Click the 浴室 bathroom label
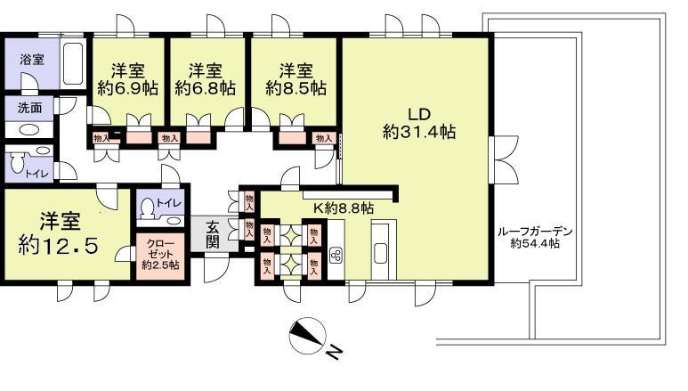[32, 61]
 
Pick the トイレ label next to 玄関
[168, 203]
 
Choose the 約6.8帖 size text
[205, 88]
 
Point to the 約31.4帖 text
[419, 132]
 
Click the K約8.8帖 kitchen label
[343, 208]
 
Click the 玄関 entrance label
[214, 233]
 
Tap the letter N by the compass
[334, 353]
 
